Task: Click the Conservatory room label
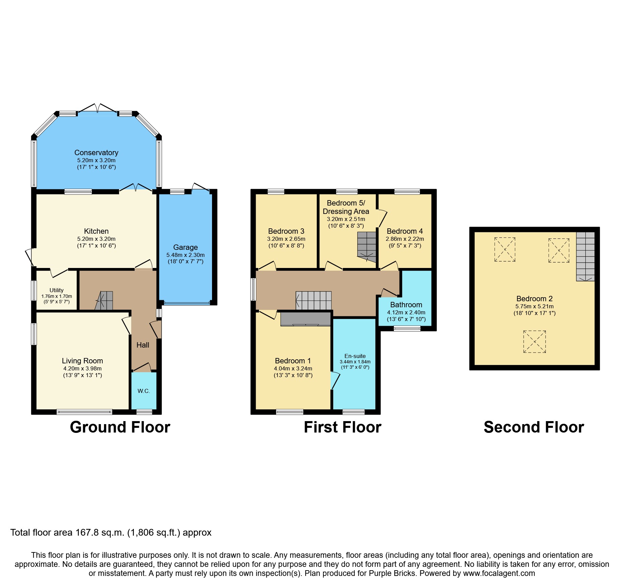tap(96, 153)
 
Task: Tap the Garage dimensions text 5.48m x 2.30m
tap(185, 255)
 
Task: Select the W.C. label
tap(144, 391)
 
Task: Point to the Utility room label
tap(56, 290)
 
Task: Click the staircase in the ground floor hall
tap(104, 301)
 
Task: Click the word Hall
tap(143, 345)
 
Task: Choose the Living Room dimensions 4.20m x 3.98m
tap(82, 368)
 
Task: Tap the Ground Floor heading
tap(120, 427)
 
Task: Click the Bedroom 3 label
tap(286, 231)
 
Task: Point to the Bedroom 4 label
tap(405, 231)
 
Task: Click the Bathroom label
tap(406, 305)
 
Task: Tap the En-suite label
tap(355, 356)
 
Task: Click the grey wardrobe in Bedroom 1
tap(305, 319)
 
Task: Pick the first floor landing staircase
tap(313, 300)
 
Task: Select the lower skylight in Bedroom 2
tap(534, 342)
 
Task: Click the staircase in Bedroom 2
tap(585, 256)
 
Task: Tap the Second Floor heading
tap(533, 427)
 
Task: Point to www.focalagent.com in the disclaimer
tap(499, 573)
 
